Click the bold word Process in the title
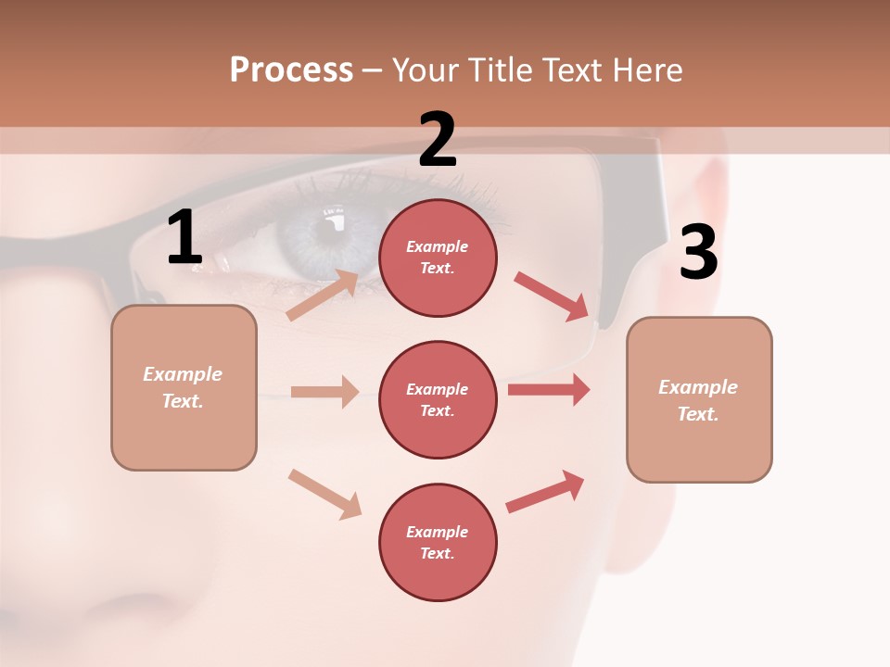(291, 69)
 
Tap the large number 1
(184, 238)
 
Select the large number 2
(438, 140)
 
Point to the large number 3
(699, 253)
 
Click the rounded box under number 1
(184, 387)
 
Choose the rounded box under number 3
(699, 399)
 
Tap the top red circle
(438, 258)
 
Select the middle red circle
(438, 399)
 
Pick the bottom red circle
(438, 542)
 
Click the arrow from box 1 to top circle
(322, 296)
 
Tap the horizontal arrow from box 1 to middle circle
(324, 392)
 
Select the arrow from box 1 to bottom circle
(324, 493)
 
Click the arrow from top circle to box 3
(552, 296)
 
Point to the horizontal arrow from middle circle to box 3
(549, 389)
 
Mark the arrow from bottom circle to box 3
(546, 491)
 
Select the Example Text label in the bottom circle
(438, 542)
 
